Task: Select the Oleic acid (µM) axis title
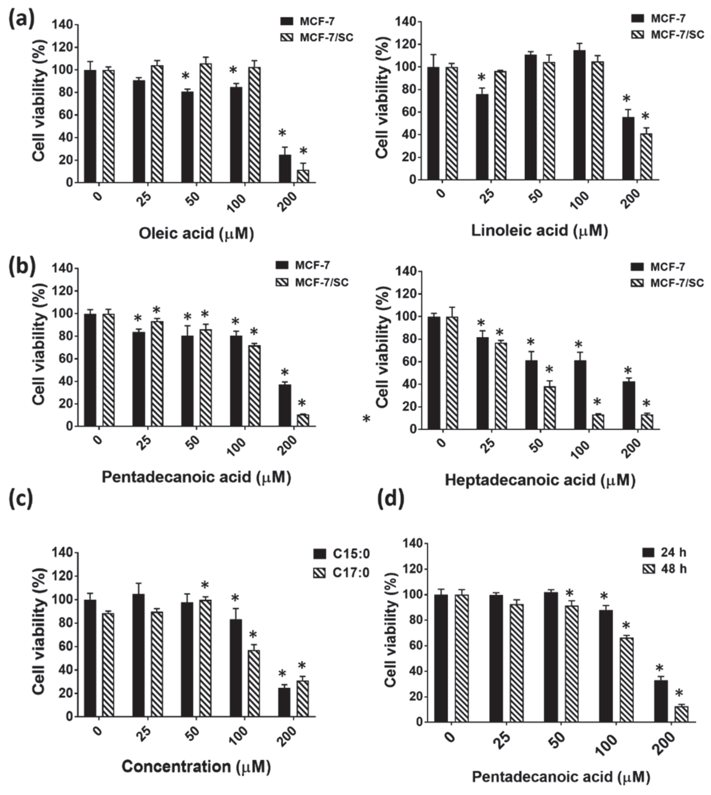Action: pyautogui.click(x=196, y=234)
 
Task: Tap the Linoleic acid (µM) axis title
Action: pyautogui.click(x=540, y=230)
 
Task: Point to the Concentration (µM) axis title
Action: pyautogui.click(x=196, y=766)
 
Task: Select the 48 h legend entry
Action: pyautogui.click(x=664, y=569)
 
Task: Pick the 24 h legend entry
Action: pyautogui.click(x=664, y=552)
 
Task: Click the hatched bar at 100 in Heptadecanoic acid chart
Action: pyautogui.click(x=598, y=422)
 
